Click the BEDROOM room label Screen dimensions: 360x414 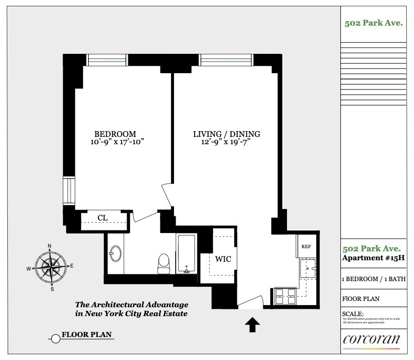(115, 134)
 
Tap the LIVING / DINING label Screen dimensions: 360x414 (225, 134)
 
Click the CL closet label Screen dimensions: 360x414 (102, 218)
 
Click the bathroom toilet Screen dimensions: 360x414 (164, 261)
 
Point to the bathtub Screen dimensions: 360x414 (186, 254)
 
